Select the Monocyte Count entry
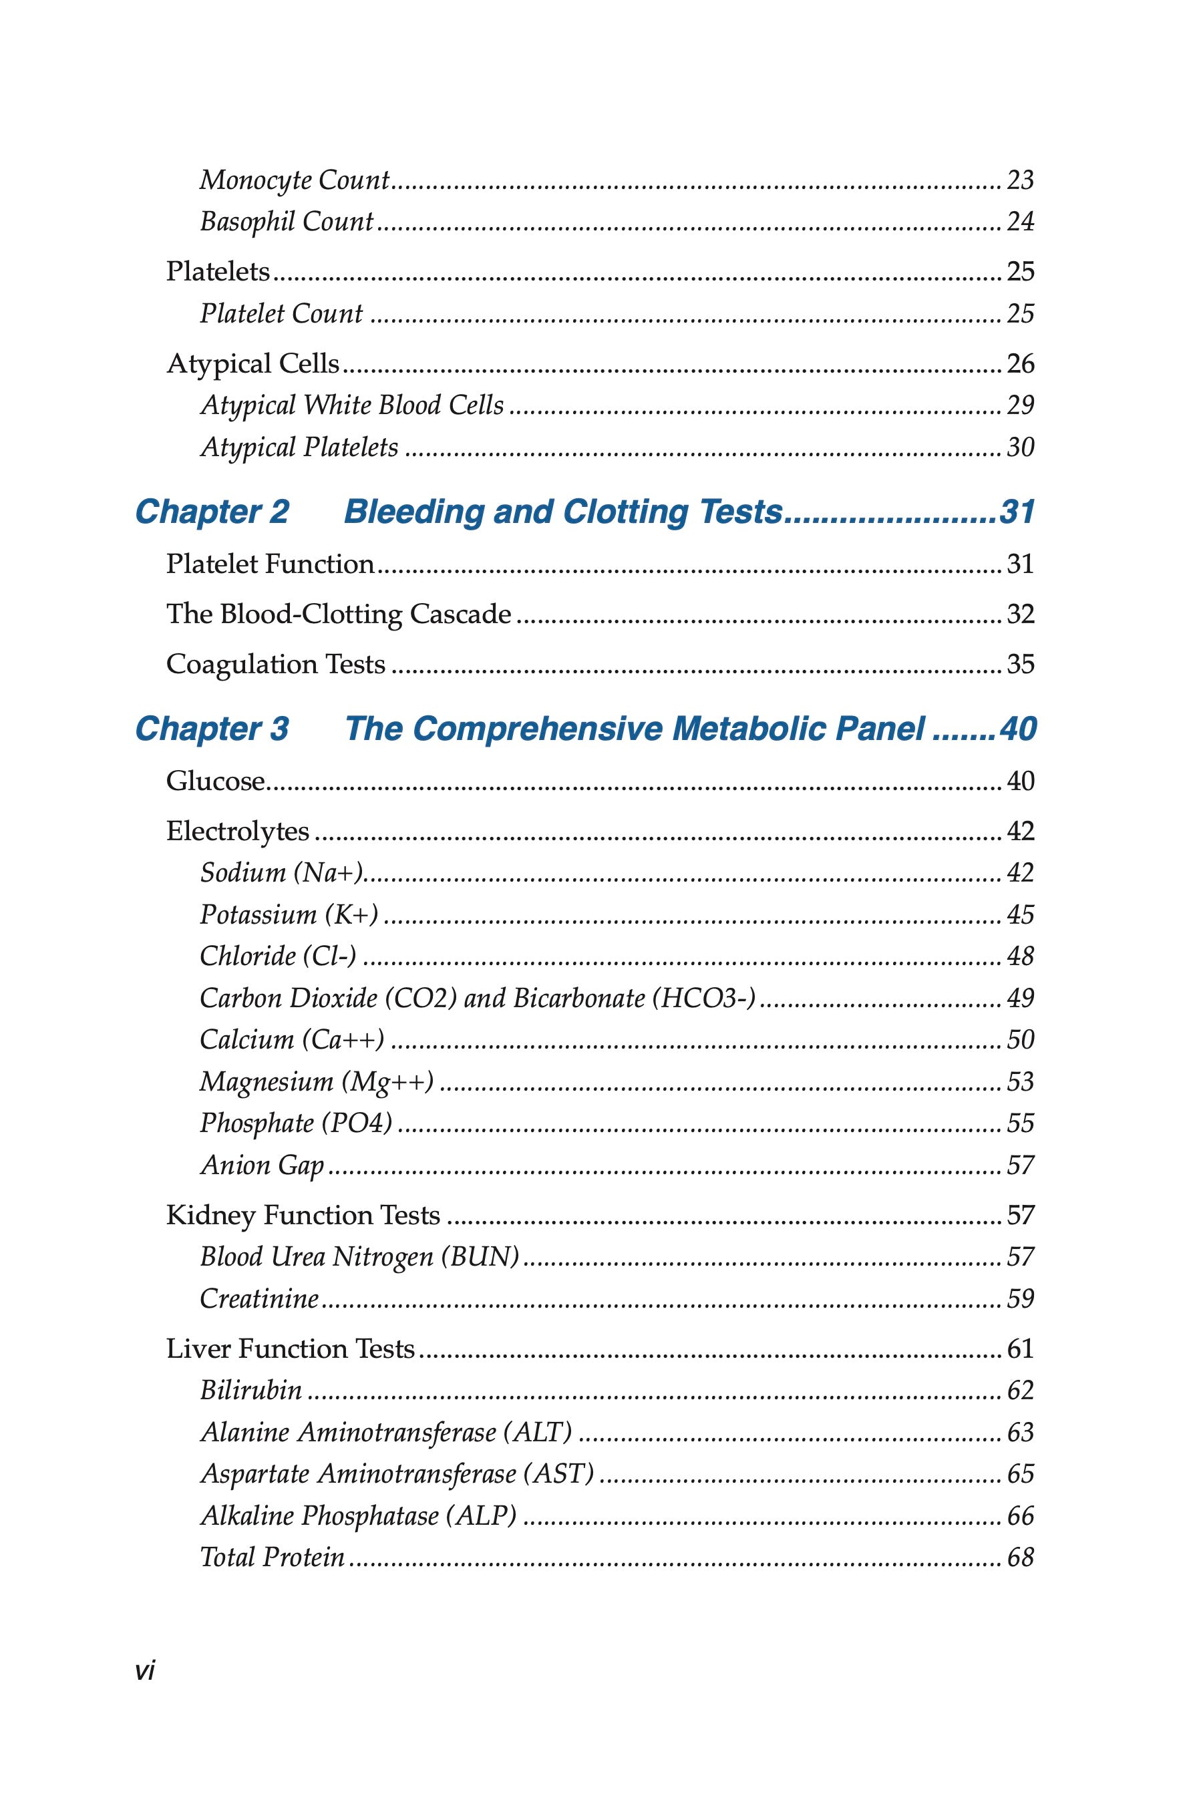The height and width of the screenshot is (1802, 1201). coord(295,181)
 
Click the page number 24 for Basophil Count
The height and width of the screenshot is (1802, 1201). coord(1020,222)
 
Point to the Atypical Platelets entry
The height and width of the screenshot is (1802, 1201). coord(299,447)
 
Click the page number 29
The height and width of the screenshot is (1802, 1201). coord(1020,405)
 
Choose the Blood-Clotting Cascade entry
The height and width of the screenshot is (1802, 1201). coord(339,614)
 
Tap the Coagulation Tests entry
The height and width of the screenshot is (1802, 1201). coord(276,664)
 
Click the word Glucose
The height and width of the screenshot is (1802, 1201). coord(215,781)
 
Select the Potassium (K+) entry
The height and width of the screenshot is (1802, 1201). coord(289,914)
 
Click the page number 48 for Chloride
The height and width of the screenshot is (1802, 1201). coord(1020,956)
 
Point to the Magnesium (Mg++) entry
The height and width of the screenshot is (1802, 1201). coord(317,1081)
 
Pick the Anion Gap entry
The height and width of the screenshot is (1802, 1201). coord(262,1165)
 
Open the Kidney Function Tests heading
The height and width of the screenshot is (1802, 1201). coord(303,1216)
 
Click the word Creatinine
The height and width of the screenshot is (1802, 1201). coord(259,1299)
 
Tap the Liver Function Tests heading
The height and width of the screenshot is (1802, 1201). coord(291,1348)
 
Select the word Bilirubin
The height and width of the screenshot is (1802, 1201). coord(251,1390)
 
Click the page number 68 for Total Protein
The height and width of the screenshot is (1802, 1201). coord(1020,1557)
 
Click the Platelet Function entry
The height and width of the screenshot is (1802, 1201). coord(271,564)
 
